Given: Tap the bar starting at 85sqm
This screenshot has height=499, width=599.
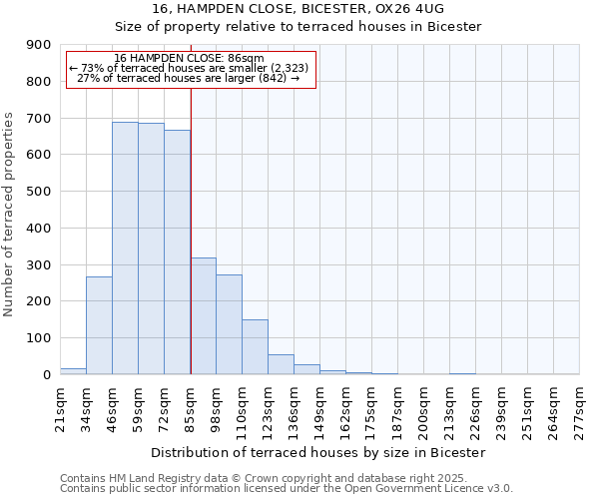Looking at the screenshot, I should pyautogui.click(x=203, y=315).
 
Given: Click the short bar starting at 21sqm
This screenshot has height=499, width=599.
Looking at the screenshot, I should pyautogui.click(x=73, y=371).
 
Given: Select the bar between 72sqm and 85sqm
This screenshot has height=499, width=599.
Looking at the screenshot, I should pyautogui.click(x=177, y=251).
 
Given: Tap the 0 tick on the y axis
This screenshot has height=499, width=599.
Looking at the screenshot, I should pyautogui.click(x=46, y=374).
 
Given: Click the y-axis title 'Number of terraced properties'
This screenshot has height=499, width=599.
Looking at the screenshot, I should pyautogui.click(x=9, y=215).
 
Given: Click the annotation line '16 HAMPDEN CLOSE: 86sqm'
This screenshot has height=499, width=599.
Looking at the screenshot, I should pyautogui.click(x=190, y=59).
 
